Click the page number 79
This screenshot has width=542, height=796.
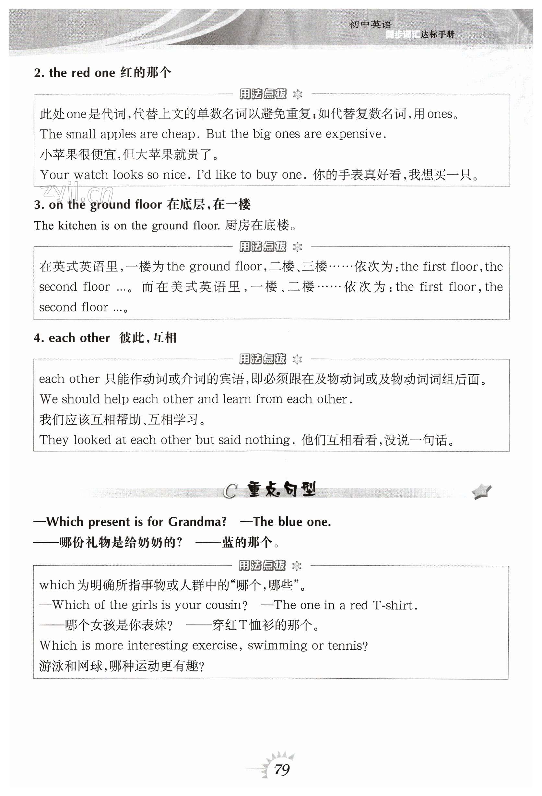[281, 770]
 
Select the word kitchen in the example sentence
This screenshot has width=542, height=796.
[77, 226]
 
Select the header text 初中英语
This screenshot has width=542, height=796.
[370, 25]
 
